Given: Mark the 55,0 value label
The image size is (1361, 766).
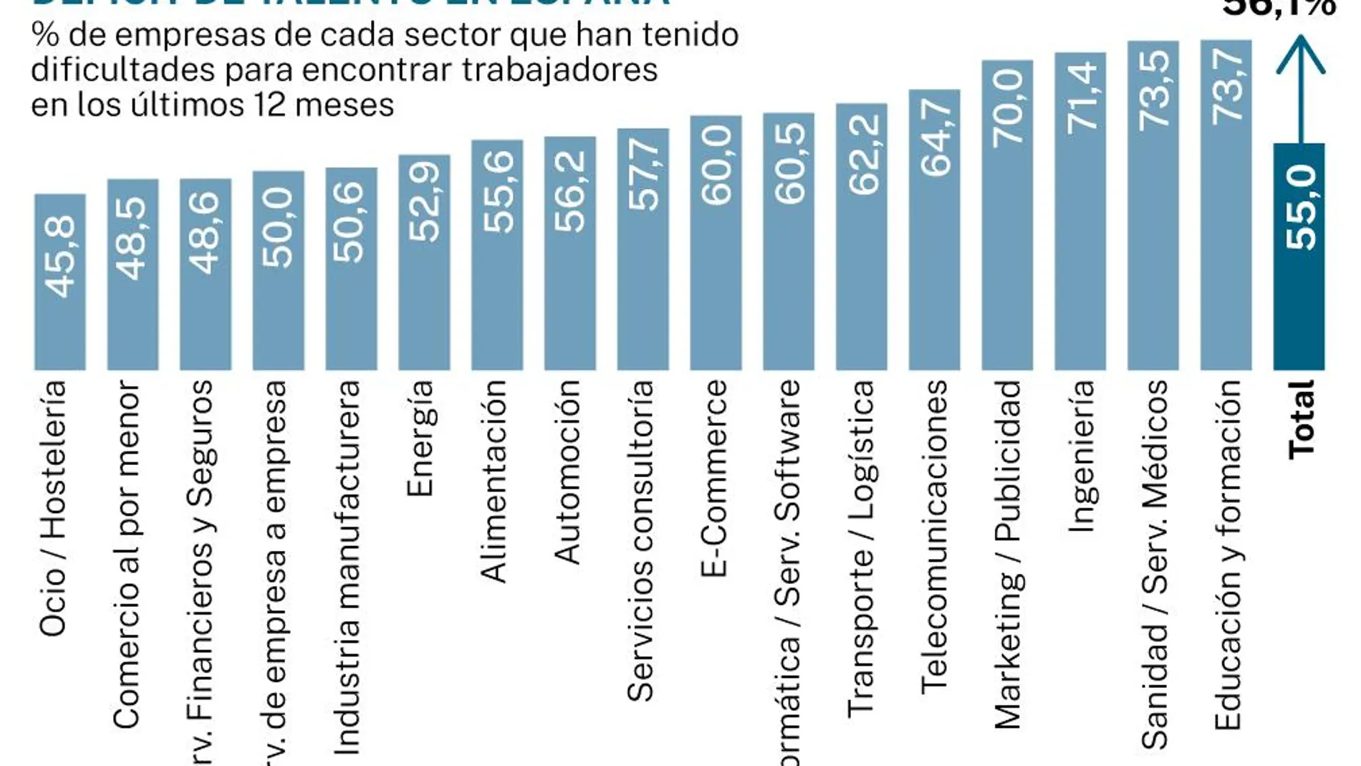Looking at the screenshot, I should point(1301,207).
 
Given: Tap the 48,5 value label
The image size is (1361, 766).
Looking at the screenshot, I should point(133,238).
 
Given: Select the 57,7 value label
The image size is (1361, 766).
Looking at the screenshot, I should point(643,176).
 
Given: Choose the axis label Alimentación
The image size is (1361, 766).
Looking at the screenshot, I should point(494,481).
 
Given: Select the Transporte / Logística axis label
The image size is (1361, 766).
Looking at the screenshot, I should point(862,548).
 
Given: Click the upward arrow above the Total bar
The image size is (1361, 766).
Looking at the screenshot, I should point(1300,86).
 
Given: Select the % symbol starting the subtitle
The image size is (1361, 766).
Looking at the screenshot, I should point(45,35).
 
